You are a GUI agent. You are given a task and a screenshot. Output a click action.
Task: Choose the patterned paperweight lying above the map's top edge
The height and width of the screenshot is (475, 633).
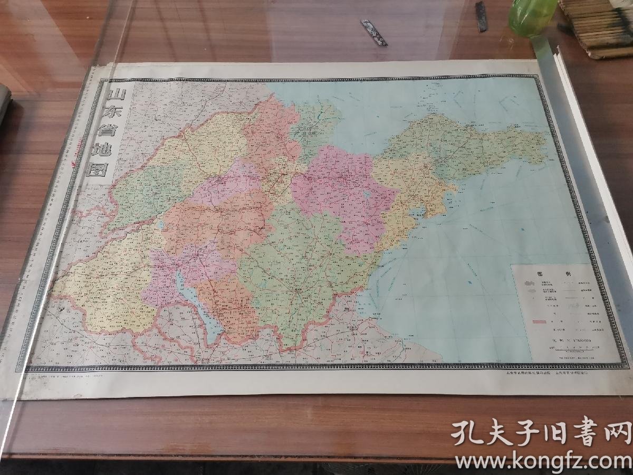[x=373, y=32]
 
